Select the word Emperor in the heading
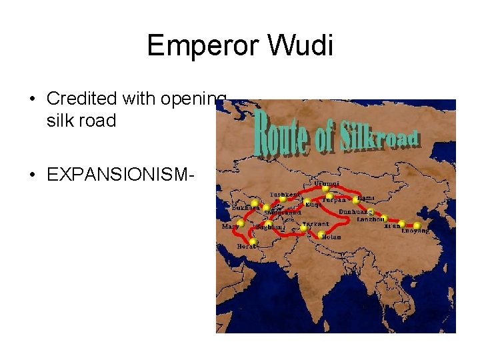click(203, 45)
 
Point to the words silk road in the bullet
click(81, 121)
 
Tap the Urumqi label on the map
click(326, 183)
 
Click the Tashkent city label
click(283, 194)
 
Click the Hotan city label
click(331, 237)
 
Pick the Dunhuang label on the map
click(355, 211)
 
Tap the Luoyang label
click(415, 231)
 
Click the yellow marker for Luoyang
click(417, 225)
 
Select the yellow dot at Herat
click(253, 241)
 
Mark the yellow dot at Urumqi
click(325, 189)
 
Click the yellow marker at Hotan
click(321, 233)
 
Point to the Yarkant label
click(315, 224)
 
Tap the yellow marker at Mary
click(240, 223)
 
